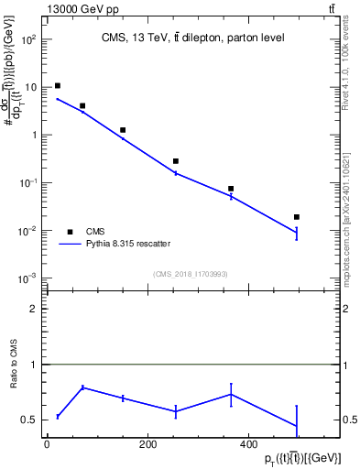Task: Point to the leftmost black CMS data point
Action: [x=58, y=86]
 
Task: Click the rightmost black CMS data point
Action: [x=297, y=217]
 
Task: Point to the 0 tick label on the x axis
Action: [x=47, y=445]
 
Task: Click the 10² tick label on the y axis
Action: [x=29, y=40]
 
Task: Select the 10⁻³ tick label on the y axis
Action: [x=29, y=278]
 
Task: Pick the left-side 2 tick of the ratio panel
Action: [x=35, y=309]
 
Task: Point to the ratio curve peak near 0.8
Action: [x=82, y=387]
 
